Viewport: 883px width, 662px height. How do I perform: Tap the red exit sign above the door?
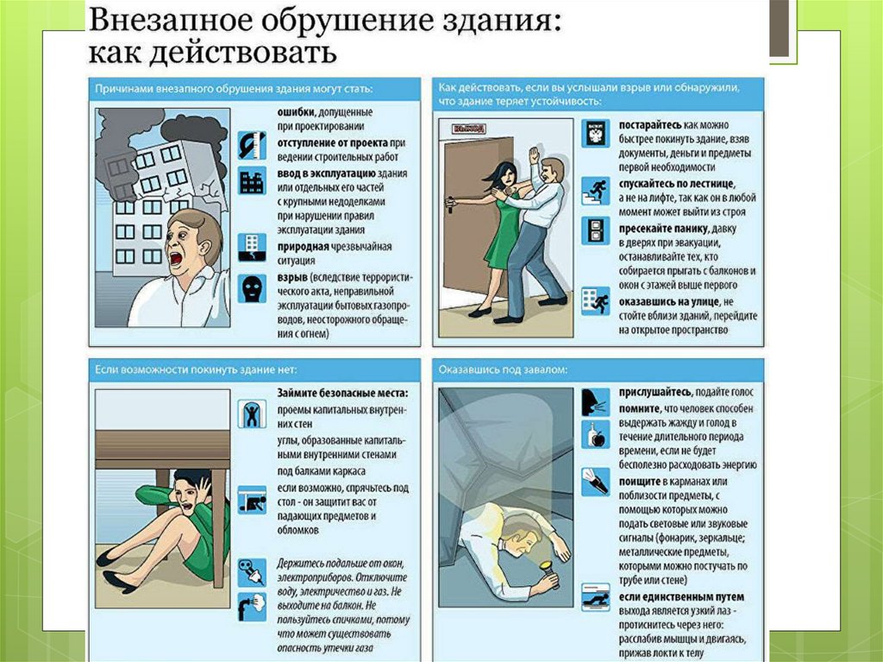(468, 129)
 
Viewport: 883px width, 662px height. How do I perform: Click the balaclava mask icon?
(252, 289)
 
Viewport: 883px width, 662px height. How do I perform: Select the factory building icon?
(252, 181)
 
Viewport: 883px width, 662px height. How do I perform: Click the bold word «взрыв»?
(292, 278)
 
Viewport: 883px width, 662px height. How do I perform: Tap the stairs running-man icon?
(595, 192)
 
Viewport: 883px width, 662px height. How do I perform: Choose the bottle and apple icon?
(595, 435)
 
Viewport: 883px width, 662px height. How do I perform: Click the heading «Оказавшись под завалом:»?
(503, 370)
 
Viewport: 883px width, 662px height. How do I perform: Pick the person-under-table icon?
(252, 500)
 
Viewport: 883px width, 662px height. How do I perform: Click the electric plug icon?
(252, 572)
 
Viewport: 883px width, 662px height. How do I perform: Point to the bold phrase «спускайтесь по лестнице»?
(676, 184)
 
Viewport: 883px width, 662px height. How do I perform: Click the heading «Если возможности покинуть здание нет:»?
(196, 370)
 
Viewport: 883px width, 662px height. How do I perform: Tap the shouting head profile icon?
(595, 402)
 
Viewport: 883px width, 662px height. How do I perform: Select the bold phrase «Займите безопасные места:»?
(341, 393)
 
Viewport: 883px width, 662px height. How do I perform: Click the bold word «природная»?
(303, 247)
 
